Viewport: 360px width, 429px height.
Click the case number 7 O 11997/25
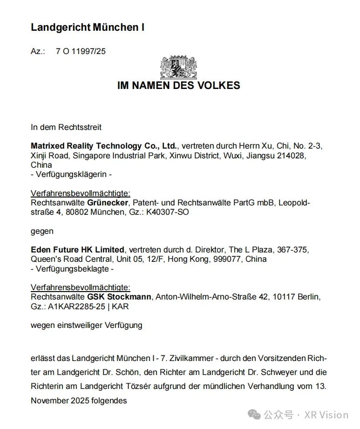coord(81,51)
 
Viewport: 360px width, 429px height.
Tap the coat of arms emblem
coord(179,68)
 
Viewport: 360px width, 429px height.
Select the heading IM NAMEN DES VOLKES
coord(179,86)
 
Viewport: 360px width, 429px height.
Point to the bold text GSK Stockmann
coord(119,297)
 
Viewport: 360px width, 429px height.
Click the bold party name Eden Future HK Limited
coord(77,250)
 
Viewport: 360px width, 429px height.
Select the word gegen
coord(42,231)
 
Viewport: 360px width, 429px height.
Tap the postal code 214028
coord(292,156)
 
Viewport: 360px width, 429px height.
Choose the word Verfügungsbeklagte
coord(72,269)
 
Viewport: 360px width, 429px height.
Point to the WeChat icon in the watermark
coord(254,414)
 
